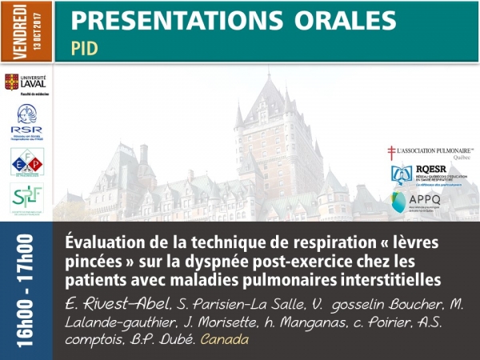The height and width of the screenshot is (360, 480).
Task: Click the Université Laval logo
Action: pyautogui.click(x=26, y=84)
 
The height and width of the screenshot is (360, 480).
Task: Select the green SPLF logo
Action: pyautogui.click(x=26, y=198)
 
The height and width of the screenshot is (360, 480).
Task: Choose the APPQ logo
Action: pyautogui.click(x=430, y=201)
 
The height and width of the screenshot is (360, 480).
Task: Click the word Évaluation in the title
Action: pyautogui.click(x=105, y=242)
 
